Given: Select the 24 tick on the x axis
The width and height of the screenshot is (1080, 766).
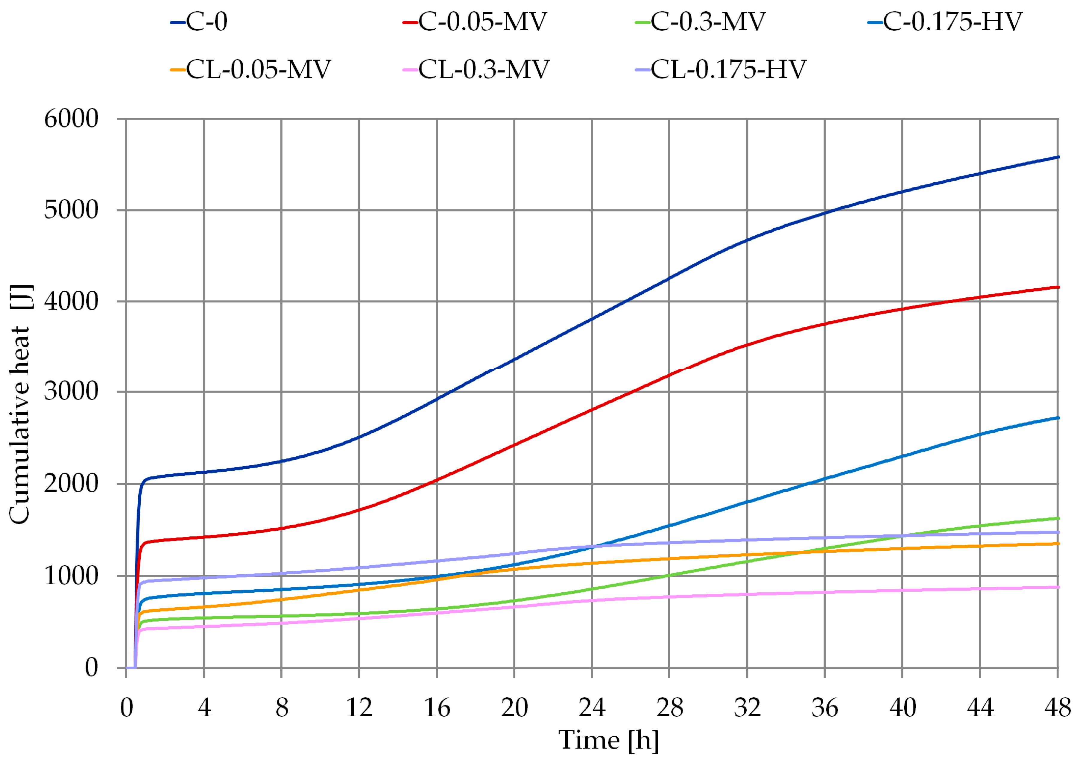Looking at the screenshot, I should click(592, 708).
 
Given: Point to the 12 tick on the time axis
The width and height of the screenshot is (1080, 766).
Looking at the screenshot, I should click(359, 708).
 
